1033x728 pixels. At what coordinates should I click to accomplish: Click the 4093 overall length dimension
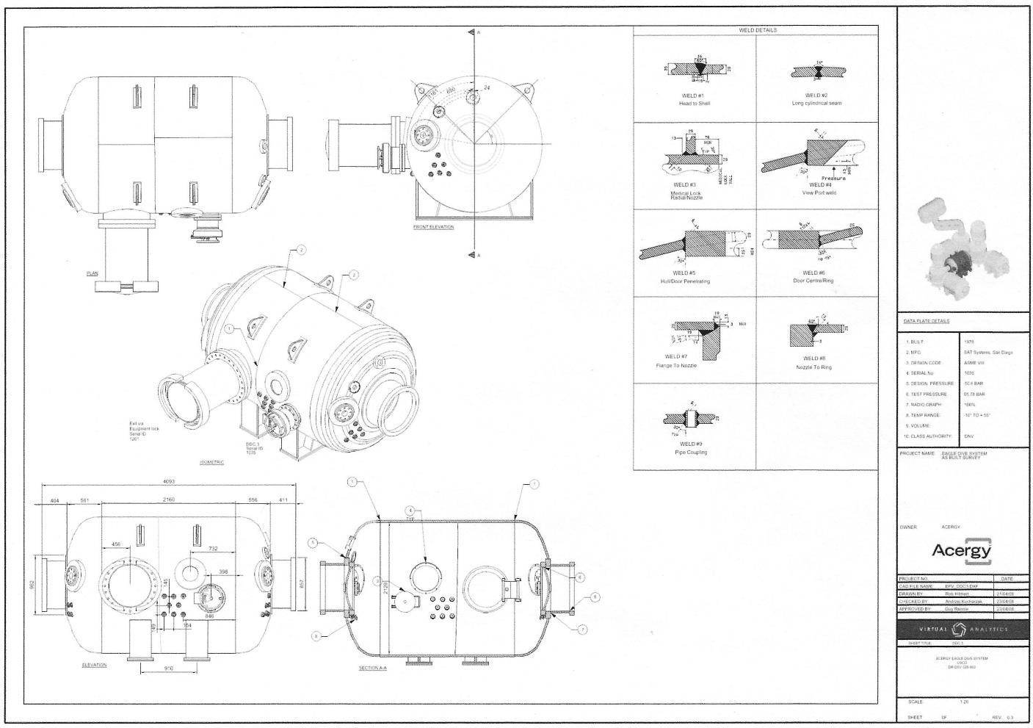[169, 481]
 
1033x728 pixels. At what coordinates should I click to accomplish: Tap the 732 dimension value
[213, 548]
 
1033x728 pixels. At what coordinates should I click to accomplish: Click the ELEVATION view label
[94, 665]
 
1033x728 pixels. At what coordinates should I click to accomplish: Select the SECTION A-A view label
[372, 668]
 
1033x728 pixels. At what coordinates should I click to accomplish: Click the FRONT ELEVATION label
[433, 227]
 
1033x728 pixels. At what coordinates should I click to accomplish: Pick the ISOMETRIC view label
[211, 462]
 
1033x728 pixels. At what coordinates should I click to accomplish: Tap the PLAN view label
[93, 273]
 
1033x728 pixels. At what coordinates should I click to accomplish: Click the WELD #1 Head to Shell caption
[694, 99]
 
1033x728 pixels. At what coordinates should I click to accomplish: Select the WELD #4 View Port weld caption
[819, 189]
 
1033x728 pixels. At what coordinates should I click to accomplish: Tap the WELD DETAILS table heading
[757, 30]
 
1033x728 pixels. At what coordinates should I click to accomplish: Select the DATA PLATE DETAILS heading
[926, 321]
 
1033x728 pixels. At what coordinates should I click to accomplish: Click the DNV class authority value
[968, 436]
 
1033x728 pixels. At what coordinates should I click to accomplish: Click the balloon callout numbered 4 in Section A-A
[411, 509]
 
